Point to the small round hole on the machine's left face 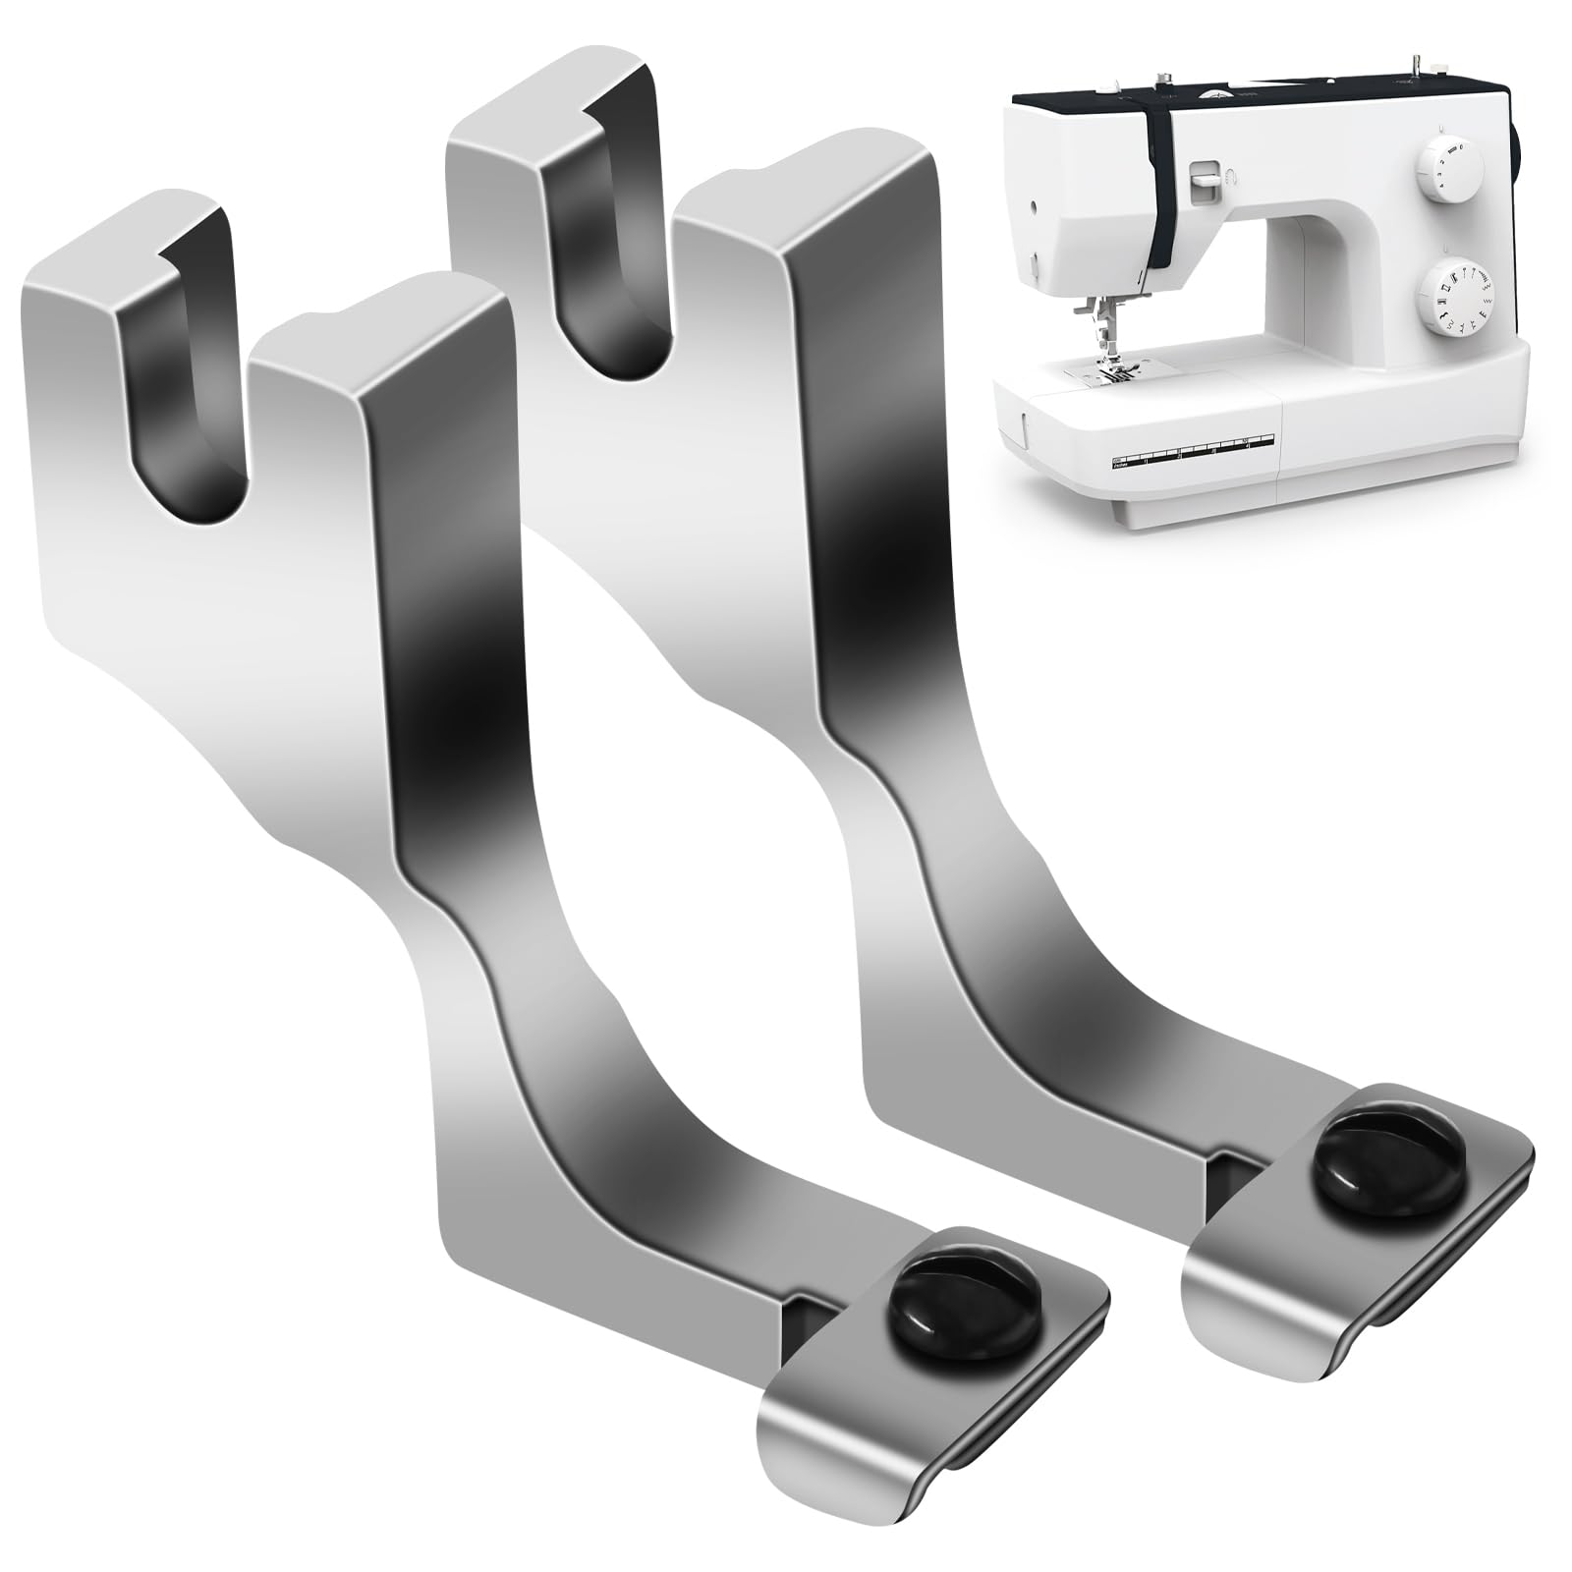(1033, 206)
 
